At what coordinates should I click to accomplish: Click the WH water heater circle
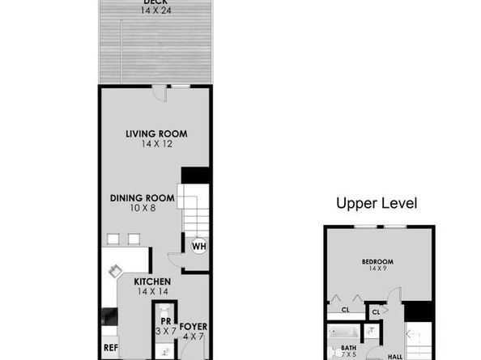pyautogui.click(x=198, y=246)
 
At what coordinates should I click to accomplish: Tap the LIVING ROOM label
pyautogui.click(x=156, y=134)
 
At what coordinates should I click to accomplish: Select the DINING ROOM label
pyautogui.click(x=143, y=198)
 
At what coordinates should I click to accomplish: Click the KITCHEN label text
pyautogui.click(x=152, y=282)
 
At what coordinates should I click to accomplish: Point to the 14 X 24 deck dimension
pyautogui.click(x=155, y=11)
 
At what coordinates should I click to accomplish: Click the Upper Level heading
pyautogui.click(x=377, y=203)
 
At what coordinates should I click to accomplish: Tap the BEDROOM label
pyautogui.click(x=377, y=262)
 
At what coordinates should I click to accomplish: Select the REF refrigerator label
pyautogui.click(x=111, y=348)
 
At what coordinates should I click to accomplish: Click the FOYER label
pyautogui.click(x=194, y=327)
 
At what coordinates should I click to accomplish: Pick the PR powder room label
pyautogui.click(x=166, y=321)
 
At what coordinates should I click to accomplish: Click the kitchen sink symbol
pyautogui.click(x=115, y=271)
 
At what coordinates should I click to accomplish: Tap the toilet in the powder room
pyautogui.click(x=164, y=311)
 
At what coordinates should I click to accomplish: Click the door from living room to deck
pyautogui.click(x=160, y=94)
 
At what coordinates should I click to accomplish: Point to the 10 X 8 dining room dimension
pyautogui.click(x=143, y=208)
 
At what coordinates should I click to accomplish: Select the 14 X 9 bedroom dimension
pyautogui.click(x=377, y=269)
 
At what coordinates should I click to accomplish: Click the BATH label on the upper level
pyautogui.click(x=349, y=348)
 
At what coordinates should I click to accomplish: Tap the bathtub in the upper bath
pyautogui.click(x=343, y=332)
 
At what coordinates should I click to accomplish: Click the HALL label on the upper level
pyautogui.click(x=395, y=357)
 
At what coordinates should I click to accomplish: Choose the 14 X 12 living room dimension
pyautogui.click(x=157, y=144)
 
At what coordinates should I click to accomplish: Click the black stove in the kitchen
pyautogui.click(x=109, y=316)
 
